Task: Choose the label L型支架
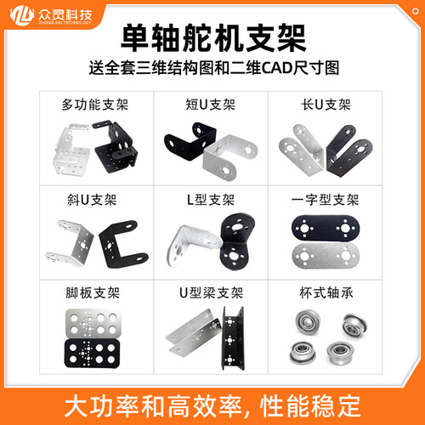(x=211, y=201)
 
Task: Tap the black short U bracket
(x=183, y=144)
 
